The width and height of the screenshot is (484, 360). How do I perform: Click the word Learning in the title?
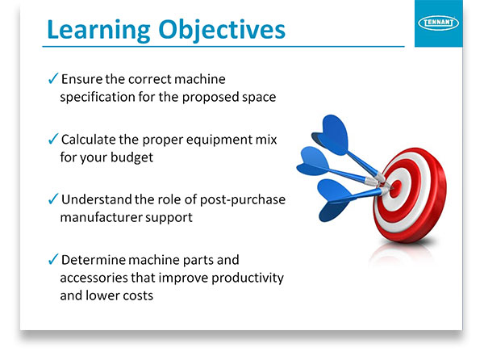98,30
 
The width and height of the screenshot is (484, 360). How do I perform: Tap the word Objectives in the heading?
222,30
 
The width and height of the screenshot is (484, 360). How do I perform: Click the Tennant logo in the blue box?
438,23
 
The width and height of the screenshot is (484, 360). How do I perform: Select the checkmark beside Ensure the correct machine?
53,78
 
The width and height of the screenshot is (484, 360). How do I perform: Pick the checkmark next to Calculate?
53,139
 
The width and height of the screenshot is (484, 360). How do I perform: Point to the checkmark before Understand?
53,199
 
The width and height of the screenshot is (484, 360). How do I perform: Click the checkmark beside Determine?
53,259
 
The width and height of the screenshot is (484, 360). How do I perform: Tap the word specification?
98,98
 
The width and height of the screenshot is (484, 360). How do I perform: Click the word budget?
131,157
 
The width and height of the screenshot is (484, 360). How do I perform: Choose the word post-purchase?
243,200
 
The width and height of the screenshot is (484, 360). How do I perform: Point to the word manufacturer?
101,217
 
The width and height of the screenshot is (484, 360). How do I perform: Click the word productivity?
248,278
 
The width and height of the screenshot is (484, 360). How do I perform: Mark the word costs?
138,295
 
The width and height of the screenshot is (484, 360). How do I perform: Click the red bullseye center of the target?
396,188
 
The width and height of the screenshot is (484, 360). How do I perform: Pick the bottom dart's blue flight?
333,201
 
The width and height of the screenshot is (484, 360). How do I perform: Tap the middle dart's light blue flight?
313,161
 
